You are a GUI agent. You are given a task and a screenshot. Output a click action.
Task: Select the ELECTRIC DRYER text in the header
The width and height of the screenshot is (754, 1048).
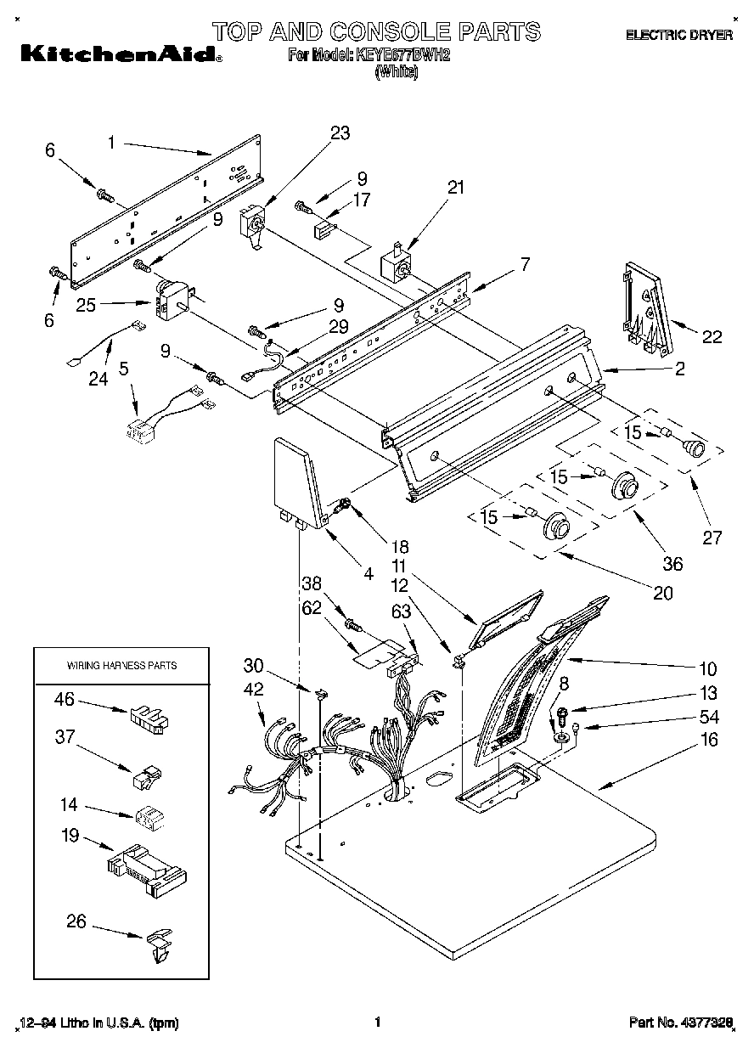(678, 36)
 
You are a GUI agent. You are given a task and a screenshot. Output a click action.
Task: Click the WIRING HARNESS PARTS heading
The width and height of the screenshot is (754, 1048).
(121, 665)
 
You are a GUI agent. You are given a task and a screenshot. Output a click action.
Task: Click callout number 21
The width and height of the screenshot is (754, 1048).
(456, 188)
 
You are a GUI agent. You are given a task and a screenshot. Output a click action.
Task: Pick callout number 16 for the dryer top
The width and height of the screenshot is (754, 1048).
(709, 740)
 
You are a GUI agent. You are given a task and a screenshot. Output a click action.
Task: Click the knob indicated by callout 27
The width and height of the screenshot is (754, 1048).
(695, 448)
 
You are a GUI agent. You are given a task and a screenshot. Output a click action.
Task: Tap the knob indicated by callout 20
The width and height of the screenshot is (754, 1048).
(556, 527)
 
